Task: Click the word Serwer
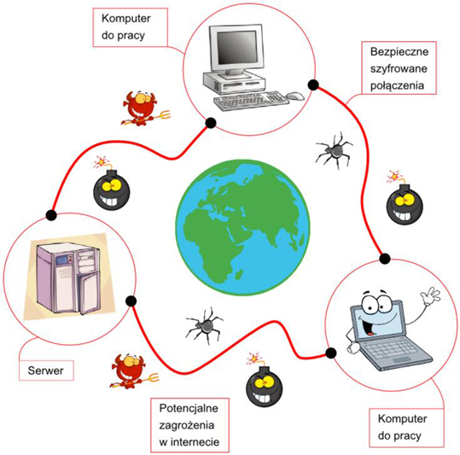(45, 370)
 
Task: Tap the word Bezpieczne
(399, 52)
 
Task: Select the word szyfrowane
(399, 69)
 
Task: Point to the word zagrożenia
(187, 425)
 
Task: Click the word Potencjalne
(189, 408)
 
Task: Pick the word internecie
(195, 442)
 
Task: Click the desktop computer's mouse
(295, 96)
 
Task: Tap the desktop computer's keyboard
(251, 101)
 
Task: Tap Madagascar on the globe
(239, 275)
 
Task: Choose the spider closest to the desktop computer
(335, 150)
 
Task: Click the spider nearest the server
(205, 325)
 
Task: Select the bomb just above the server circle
(111, 184)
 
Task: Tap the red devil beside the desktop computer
(144, 108)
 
